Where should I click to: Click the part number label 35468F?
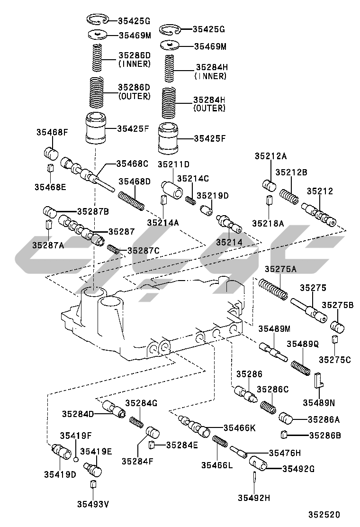point(52,132)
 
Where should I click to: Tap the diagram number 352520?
point(324,515)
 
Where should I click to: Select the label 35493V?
point(93,504)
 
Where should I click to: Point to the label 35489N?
point(319,402)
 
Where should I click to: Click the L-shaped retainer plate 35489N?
point(319,380)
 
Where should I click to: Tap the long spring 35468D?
point(131,200)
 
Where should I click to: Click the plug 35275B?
point(337,327)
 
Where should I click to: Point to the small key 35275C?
point(334,339)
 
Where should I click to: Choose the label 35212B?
point(291,172)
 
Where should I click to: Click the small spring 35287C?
point(113,249)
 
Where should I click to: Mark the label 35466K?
point(239,427)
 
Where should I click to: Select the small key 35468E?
point(50,167)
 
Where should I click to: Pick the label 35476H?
point(285,453)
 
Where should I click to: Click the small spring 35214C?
point(191,200)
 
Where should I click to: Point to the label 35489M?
point(274,329)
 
